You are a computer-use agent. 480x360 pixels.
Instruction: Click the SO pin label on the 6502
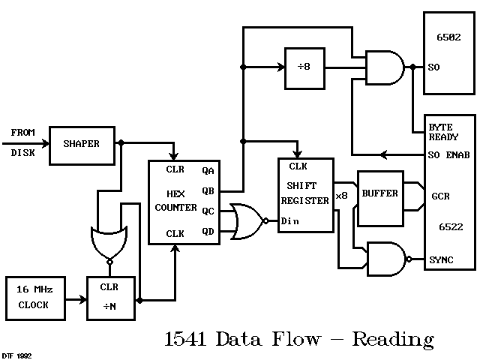(433, 67)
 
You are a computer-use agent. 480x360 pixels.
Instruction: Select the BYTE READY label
(443, 132)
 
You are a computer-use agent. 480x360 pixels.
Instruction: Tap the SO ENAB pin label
(448, 155)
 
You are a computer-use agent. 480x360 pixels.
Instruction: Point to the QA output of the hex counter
(208, 170)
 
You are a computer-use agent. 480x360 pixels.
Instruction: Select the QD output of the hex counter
(208, 232)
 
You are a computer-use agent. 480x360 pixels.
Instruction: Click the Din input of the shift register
(290, 222)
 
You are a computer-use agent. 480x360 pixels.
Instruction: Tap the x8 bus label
(343, 196)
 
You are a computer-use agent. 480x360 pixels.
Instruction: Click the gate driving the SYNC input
(385, 259)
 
